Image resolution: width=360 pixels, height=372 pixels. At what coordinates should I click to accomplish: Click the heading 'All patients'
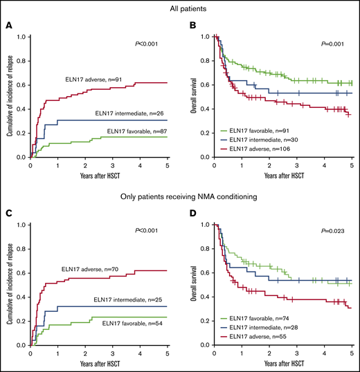(x=179, y=8)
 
